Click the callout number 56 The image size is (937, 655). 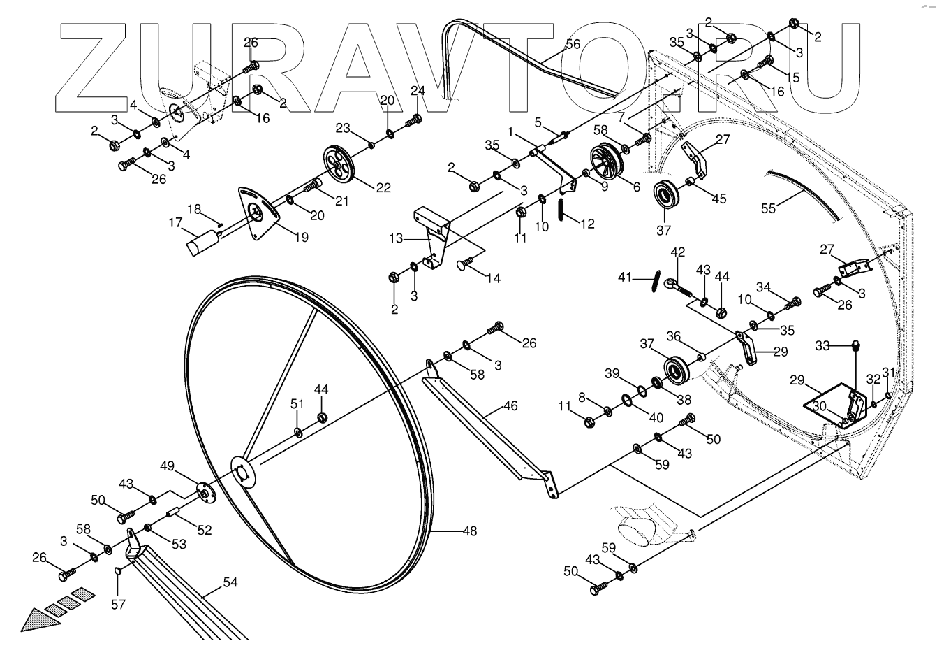[x=572, y=44]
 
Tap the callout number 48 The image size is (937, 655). [x=470, y=531]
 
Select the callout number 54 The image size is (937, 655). [x=230, y=581]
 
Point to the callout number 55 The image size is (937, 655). [x=769, y=208]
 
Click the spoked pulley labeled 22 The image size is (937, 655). [x=340, y=164]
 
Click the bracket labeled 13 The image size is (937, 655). [x=433, y=237]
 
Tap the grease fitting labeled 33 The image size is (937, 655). [x=856, y=344]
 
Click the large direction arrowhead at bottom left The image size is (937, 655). [x=34, y=619]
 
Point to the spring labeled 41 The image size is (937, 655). [x=654, y=278]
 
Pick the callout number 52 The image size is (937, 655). [x=204, y=530]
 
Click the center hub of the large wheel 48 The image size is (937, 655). [x=242, y=472]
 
